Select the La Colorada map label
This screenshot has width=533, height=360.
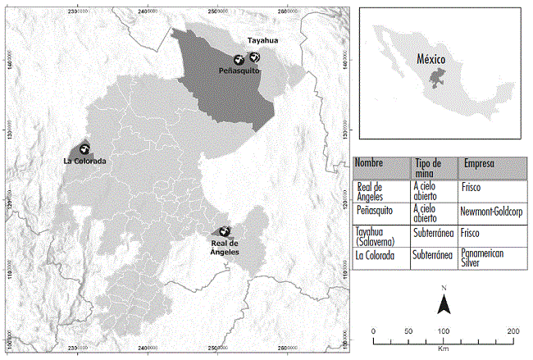(x=84, y=161)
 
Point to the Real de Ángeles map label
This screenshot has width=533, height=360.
(x=224, y=248)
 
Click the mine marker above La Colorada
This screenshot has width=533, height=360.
(x=84, y=148)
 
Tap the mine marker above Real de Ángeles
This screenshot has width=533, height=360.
(x=224, y=232)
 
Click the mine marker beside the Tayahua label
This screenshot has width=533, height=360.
(x=256, y=56)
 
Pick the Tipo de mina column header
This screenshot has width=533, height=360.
(x=430, y=166)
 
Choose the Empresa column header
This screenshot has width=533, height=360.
(x=481, y=162)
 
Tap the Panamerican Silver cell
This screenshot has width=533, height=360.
(x=482, y=257)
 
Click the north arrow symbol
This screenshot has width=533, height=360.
(x=443, y=304)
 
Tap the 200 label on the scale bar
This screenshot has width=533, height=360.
(x=513, y=331)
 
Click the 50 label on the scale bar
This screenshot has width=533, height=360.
(x=408, y=331)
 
